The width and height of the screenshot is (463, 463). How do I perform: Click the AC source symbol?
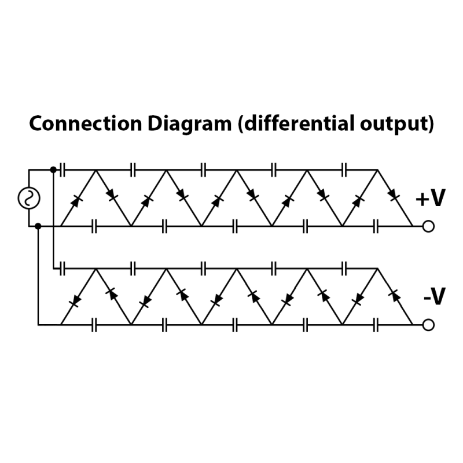pos(29,198)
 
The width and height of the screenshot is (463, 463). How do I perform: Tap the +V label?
pos(430,199)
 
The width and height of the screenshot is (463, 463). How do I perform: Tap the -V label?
pos(434,296)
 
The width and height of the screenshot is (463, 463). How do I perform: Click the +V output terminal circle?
pos(428,226)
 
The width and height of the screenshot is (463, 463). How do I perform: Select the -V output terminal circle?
pos(428,325)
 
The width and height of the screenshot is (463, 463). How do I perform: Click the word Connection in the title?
pos(86,123)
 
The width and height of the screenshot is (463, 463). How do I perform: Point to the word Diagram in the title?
pos(190,124)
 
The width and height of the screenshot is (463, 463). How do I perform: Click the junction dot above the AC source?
pos(53,170)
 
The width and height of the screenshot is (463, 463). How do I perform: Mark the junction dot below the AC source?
pos(38,226)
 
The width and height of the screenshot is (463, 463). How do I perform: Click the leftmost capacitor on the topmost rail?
pos(62,170)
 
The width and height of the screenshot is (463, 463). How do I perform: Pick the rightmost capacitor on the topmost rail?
pos(344,170)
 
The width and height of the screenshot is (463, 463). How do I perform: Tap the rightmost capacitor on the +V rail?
pos(376,226)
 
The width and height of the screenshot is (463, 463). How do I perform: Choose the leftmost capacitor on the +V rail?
pos(94,226)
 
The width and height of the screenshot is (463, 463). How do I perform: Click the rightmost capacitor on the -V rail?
pos(376,325)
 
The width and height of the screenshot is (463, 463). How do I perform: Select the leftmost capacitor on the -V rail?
pos(94,325)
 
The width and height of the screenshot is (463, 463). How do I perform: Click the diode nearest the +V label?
pos(394,196)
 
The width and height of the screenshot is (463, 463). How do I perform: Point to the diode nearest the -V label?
pos(395,295)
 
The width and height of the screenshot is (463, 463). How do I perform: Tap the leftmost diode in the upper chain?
pos(76,201)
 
